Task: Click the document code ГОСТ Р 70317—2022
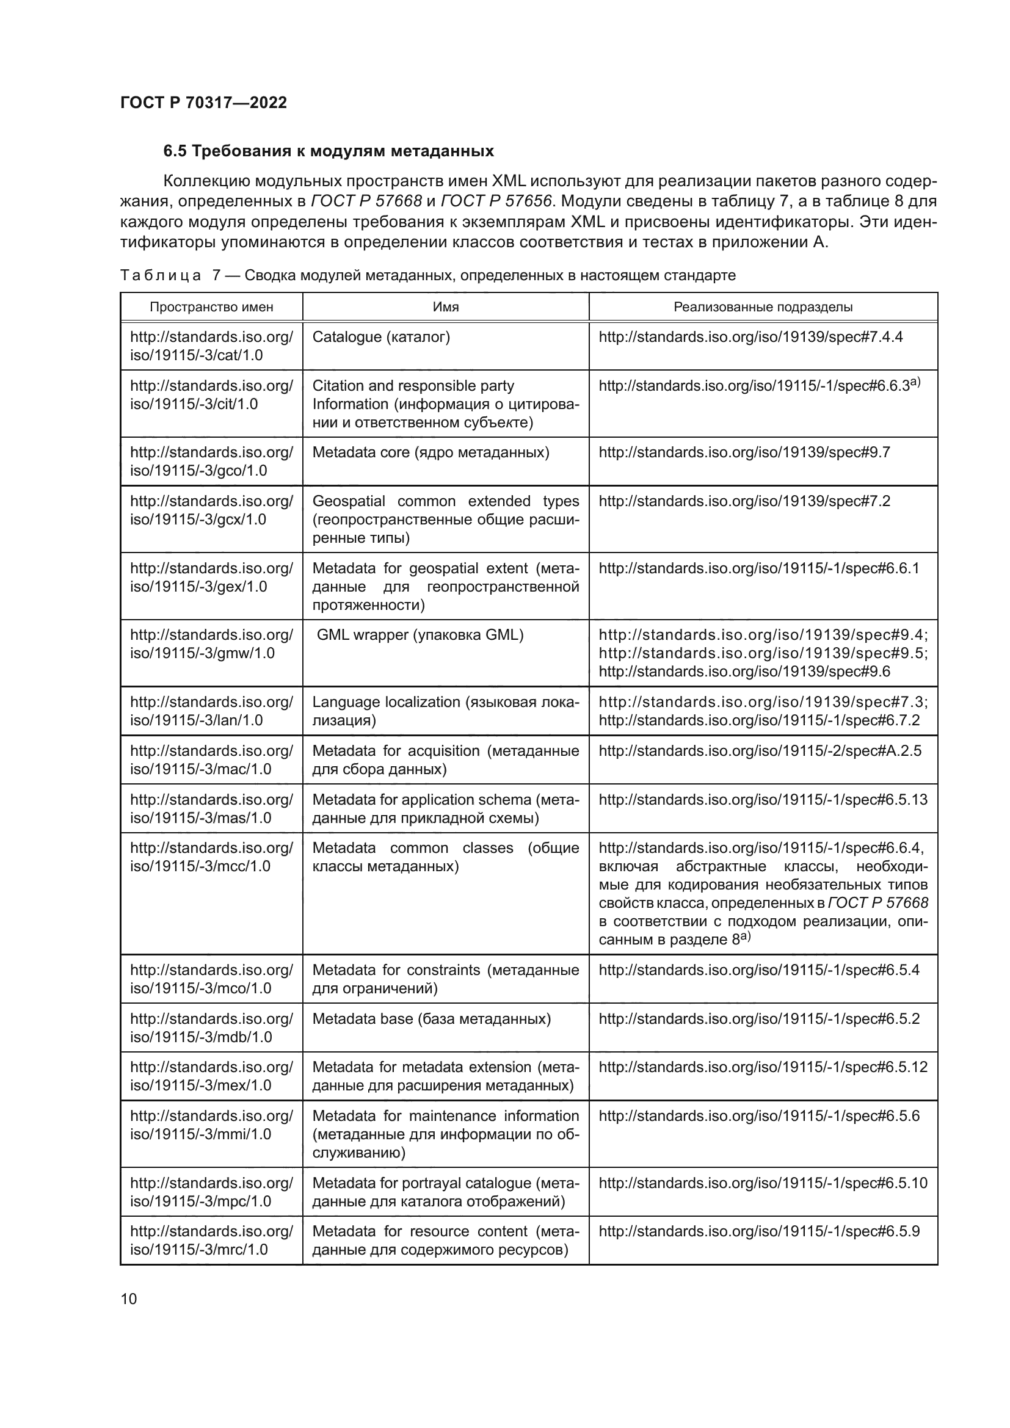pyautogui.click(x=203, y=103)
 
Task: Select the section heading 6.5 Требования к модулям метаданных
pyautogui.click(x=329, y=151)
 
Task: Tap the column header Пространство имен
pyautogui.click(x=211, y=307)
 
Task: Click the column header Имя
pyautogui.click(x=445, y=307)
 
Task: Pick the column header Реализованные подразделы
pyautogui.click(x=763, y=307)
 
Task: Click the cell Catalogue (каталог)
pyautogui.click(x=380, y=337)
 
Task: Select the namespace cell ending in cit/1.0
pyautogui.click(x=211, y=395)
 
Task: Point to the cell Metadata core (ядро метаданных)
pyautogui.click(x=431, y=452)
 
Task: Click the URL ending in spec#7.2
pyautogui.click(x=744, y=501)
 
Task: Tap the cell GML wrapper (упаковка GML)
pyautogui.click(x=420, y=635)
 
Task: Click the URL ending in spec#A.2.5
pyautogui.click(x=760, y=751)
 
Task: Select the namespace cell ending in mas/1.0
pyautogui.click(x=211, y=808)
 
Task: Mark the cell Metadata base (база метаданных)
pyautogui.click(x=431, y=1019)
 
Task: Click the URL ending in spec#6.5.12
pyautogui.click(x=763, y=1067)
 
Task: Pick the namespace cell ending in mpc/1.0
pyautogui.click(x=211, y=1192)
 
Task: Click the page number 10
pyautogui.click(x=129, y=1299)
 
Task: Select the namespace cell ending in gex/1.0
pyautogui.click(x=211, y=577)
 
